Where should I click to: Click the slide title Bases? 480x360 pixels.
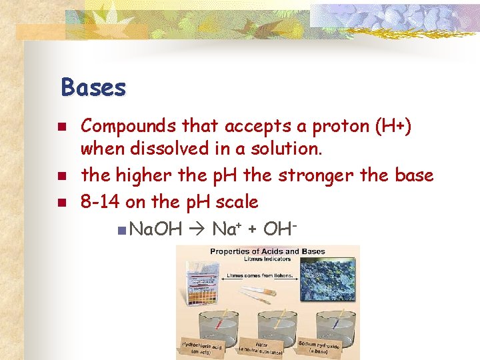pos(93,87)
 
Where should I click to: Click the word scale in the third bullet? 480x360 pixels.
pos(236,201)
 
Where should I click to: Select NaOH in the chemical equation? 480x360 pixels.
pos(156,229)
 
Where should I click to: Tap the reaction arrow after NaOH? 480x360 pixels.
pos(197,229)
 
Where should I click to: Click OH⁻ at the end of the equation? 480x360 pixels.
pos(280,229)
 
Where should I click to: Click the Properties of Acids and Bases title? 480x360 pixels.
pos(267,251)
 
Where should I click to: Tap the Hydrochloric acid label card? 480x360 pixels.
pos(199,347)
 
